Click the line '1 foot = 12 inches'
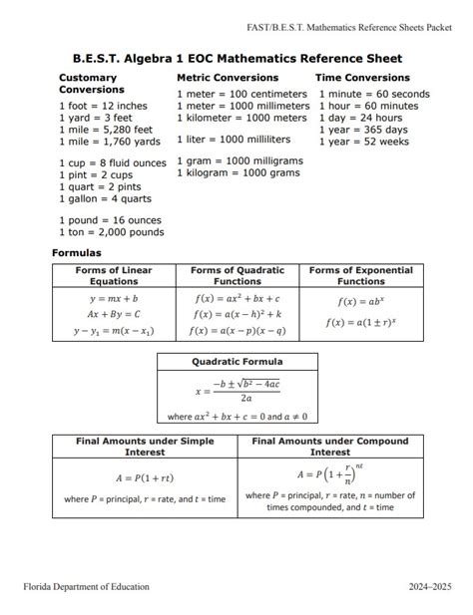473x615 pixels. click(103, 106)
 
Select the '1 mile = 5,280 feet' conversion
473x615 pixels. click(105, 130)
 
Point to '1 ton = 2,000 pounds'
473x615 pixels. click(111, 232)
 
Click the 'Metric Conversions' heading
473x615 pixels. click(228, 78)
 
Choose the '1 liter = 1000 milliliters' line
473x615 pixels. click(234, 140)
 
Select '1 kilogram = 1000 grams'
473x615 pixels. click(237, 173)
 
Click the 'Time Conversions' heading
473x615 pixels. click(362, 78)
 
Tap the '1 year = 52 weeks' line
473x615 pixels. click(364, 142)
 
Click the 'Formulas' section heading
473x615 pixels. click(77, 253)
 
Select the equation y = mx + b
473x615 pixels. click(114, 298)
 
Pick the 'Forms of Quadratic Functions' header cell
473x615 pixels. click(236, 276)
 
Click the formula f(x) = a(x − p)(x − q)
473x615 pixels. click(237, 331)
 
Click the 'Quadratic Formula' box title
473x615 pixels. click(236, 362)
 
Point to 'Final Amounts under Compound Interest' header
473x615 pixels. click(330, 447)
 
